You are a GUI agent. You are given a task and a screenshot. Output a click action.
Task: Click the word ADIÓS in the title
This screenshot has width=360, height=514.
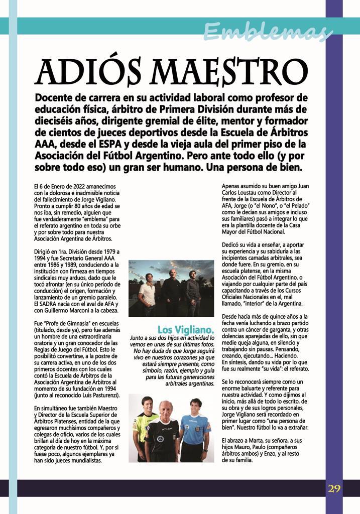click(x=95, y=72)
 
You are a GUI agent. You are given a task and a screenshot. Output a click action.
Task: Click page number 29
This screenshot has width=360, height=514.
click(x=334, y=489)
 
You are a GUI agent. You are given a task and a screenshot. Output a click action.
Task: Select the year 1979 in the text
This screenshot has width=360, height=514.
click(x=107, y=251)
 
